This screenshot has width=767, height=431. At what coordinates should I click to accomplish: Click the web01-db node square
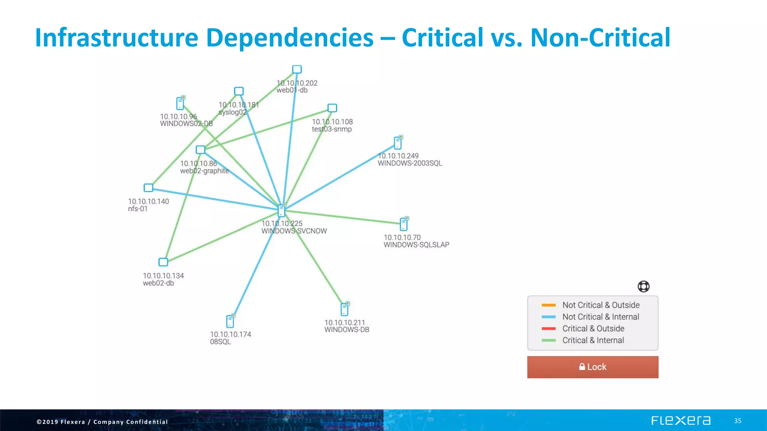coord(297,69)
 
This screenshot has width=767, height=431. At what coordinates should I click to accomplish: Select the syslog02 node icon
coord(239,91)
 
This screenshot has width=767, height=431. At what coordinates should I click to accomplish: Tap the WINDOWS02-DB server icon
coord(181,103)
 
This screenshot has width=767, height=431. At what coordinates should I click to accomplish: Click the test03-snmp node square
coord(332,108)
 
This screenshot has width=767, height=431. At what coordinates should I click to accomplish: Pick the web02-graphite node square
coord(201,150)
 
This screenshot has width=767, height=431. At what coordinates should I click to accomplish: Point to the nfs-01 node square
coord(149,187)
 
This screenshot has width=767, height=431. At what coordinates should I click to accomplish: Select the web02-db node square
coord(163,262)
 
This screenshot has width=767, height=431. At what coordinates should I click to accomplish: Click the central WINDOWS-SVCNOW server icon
coord(282,210)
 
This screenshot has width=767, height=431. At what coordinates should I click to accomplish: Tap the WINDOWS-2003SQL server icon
coord(398,143)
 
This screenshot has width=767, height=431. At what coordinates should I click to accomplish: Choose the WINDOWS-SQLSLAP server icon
coord(404,224)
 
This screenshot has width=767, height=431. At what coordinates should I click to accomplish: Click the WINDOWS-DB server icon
coord(345,309)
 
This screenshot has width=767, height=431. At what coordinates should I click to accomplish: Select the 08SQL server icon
coord(230,321)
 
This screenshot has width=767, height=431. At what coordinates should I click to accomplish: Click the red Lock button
coord(592,367)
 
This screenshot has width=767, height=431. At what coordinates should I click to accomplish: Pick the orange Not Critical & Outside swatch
coord(548,305)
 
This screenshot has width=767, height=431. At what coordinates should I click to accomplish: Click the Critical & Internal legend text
coord(593,340)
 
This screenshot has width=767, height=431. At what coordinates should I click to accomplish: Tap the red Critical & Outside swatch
coord(548,329)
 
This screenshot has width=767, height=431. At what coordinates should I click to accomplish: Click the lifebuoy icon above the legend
coord(643,287)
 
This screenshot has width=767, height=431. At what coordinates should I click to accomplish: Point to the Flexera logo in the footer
coord(680,421)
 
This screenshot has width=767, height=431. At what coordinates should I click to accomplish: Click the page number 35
coord(737,421)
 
